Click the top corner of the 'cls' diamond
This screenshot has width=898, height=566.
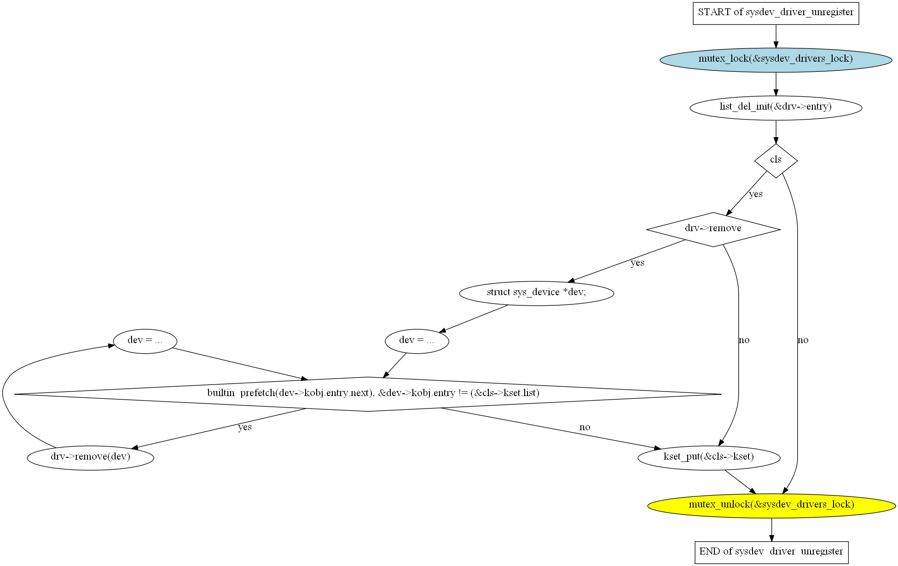(776, 144)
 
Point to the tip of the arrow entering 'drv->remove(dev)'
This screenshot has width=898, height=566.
(132, 448)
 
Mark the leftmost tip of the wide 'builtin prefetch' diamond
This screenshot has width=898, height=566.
(14, 394)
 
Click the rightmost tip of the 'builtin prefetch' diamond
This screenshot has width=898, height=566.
(722, 394)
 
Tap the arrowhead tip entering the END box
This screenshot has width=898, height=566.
(772, 542)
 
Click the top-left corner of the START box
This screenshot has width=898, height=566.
(693, 2)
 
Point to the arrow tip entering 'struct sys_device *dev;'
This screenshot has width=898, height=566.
(568, 282)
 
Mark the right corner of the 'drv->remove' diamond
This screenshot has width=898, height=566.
(781, 229)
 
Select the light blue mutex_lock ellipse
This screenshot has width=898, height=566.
(776, 60)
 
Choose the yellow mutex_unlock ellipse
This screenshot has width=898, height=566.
(772, 506)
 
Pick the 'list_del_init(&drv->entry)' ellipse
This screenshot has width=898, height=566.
(776, 108)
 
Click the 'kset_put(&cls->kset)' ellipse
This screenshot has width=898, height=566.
(709, 458)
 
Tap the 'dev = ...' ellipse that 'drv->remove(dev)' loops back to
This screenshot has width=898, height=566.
(145, 341)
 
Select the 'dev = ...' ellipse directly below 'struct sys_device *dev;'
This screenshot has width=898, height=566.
(417, 341)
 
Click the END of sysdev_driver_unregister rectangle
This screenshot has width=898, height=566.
(772, 553)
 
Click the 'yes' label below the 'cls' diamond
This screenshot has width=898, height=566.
(756, 194)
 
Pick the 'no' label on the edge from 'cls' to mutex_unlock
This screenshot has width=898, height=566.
(803, 340)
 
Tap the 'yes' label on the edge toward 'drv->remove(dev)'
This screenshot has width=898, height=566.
(245, 427)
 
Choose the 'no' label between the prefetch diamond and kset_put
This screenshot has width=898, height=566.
(585, 427)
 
